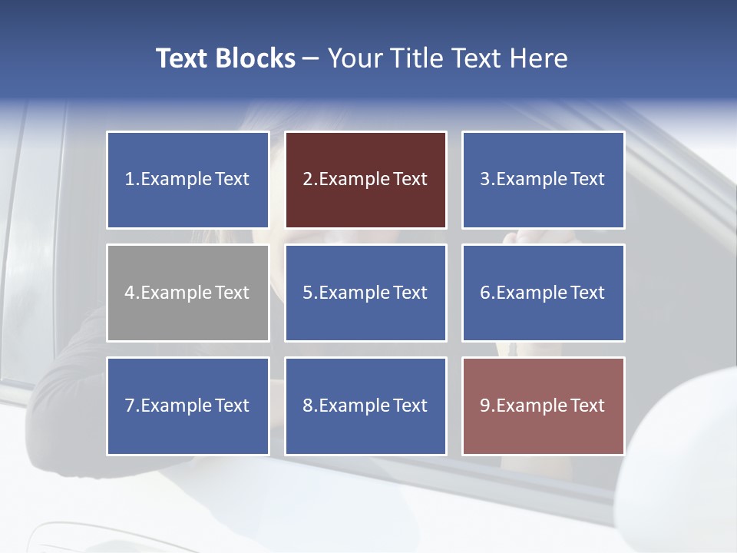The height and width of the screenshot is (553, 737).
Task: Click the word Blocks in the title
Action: pyautogui.click(x=254, y=58)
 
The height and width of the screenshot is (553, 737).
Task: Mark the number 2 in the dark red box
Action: pyautogui.click(x=307, y=180)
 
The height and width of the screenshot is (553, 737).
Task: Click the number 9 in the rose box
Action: pyautogui.click(x=485, y=406)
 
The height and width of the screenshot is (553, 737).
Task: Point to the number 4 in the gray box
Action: pyautogui.click(x=130, y=293)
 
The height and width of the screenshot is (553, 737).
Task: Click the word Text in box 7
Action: pyautogui.click(x=232, y=406)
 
